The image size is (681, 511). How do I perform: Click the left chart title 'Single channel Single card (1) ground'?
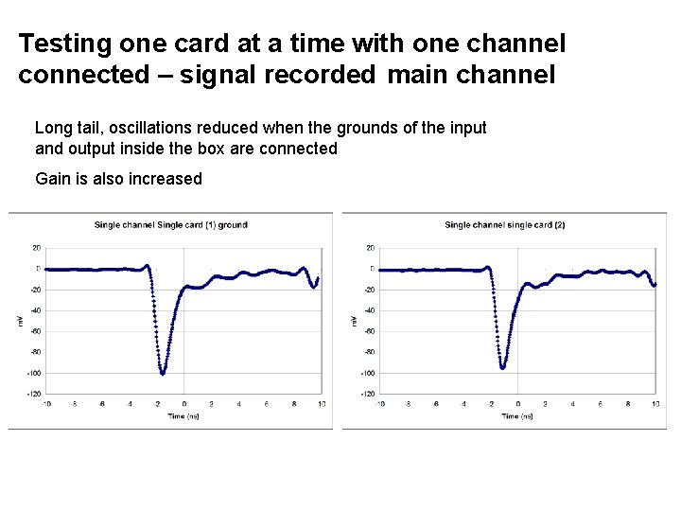pyautogui.click(x=170, y=225)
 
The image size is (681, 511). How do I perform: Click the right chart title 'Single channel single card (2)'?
pyautogui.click(x=504, y=225)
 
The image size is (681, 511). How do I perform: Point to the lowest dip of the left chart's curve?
pyautogui.click(x=163, y=373)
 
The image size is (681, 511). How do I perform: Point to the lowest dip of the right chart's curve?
pyautogui.click(x=502, y=367)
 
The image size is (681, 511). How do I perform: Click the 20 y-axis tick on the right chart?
pyautogui.click(x=371, y=248)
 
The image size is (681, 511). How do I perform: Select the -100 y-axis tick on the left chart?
pyautogui.click(x=34, y=373)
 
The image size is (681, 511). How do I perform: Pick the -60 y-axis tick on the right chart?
pyautogui.click(x=369, y=331)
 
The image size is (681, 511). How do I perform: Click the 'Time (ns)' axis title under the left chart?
pyautogui.click(x=183, y=416)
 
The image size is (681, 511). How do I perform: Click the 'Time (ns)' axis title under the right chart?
pyautogui.click(x=517, y=416)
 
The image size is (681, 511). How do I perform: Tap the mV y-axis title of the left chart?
pyautogui.click(x=20, y=322)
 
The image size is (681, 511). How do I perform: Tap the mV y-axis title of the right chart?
pyautogui.click(x=354, y=322)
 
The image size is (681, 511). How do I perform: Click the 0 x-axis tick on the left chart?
pyautogui.click(x=184, y=404)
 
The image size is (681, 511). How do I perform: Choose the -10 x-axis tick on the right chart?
pyautogui.click(x=380, y=404)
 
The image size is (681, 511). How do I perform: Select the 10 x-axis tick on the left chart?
pyautogui.click(x=322, y=404)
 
